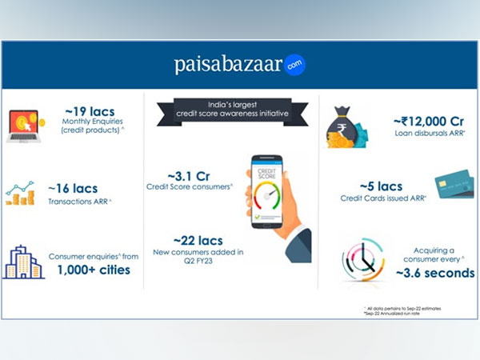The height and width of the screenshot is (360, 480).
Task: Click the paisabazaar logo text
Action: [x=228, y=65]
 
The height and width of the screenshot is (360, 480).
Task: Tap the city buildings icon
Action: [x=24, y=262]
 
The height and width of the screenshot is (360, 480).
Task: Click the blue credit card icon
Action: [x=454, y=186]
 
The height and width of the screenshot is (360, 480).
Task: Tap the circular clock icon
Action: [x=362, y=258]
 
